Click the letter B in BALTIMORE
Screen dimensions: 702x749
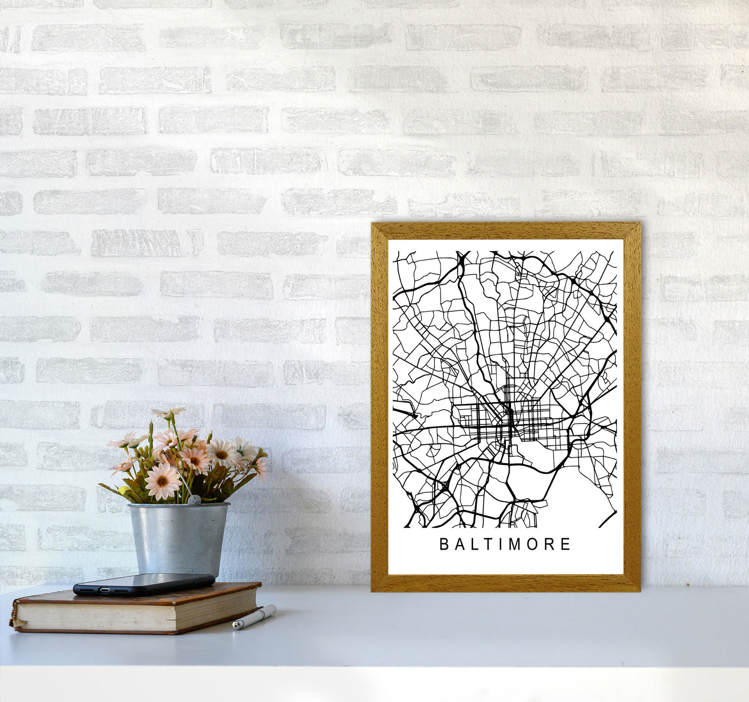pos(444,544)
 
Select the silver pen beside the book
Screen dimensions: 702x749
pos(254,617)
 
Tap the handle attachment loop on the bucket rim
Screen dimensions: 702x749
pos(193,500)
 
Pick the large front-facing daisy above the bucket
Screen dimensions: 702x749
pos(162,482)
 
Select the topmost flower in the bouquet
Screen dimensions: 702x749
pos(168,413)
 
